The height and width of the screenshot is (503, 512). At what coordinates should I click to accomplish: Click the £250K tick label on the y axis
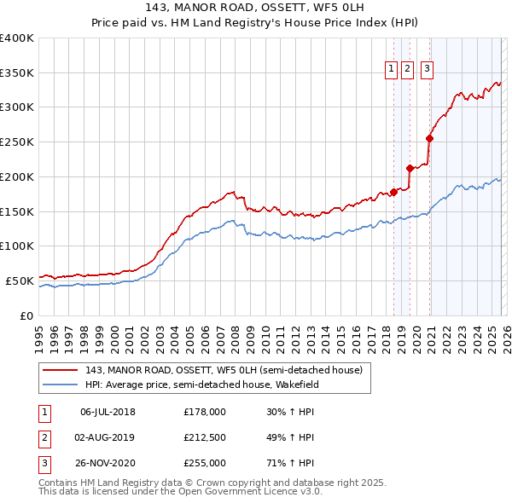(17, 142)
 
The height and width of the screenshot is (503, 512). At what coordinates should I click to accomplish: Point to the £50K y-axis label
(20, 280)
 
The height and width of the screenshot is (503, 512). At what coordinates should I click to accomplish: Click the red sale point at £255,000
(430, 138)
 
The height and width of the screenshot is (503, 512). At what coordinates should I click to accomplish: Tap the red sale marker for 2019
(410, 168)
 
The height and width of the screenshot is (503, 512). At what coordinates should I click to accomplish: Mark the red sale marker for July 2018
(393, 192)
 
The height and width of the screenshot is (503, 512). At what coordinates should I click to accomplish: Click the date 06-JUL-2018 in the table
(108, 412)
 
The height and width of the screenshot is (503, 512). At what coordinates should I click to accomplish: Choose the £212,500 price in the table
(205, 437)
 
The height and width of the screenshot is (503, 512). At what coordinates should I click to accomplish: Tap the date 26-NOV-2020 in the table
(108, 463)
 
